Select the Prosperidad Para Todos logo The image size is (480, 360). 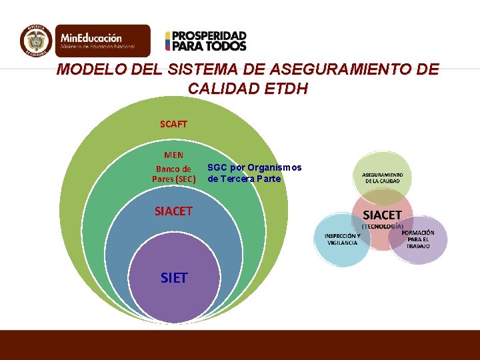[206, 41]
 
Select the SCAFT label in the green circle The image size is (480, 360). [173, 124]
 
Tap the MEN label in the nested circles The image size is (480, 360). [173, 155]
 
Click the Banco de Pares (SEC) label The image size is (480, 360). [173, 173]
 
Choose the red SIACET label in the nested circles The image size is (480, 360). [173, 211]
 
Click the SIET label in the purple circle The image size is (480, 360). [174, 277]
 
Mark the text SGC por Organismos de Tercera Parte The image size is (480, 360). [254, 173]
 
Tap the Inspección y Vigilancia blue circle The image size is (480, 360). [341, 239]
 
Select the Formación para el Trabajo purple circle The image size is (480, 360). [419, 239]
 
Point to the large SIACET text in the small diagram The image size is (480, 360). [382, 215]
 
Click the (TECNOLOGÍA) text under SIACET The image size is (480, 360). [382, 226]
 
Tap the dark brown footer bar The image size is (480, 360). [240, 345]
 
